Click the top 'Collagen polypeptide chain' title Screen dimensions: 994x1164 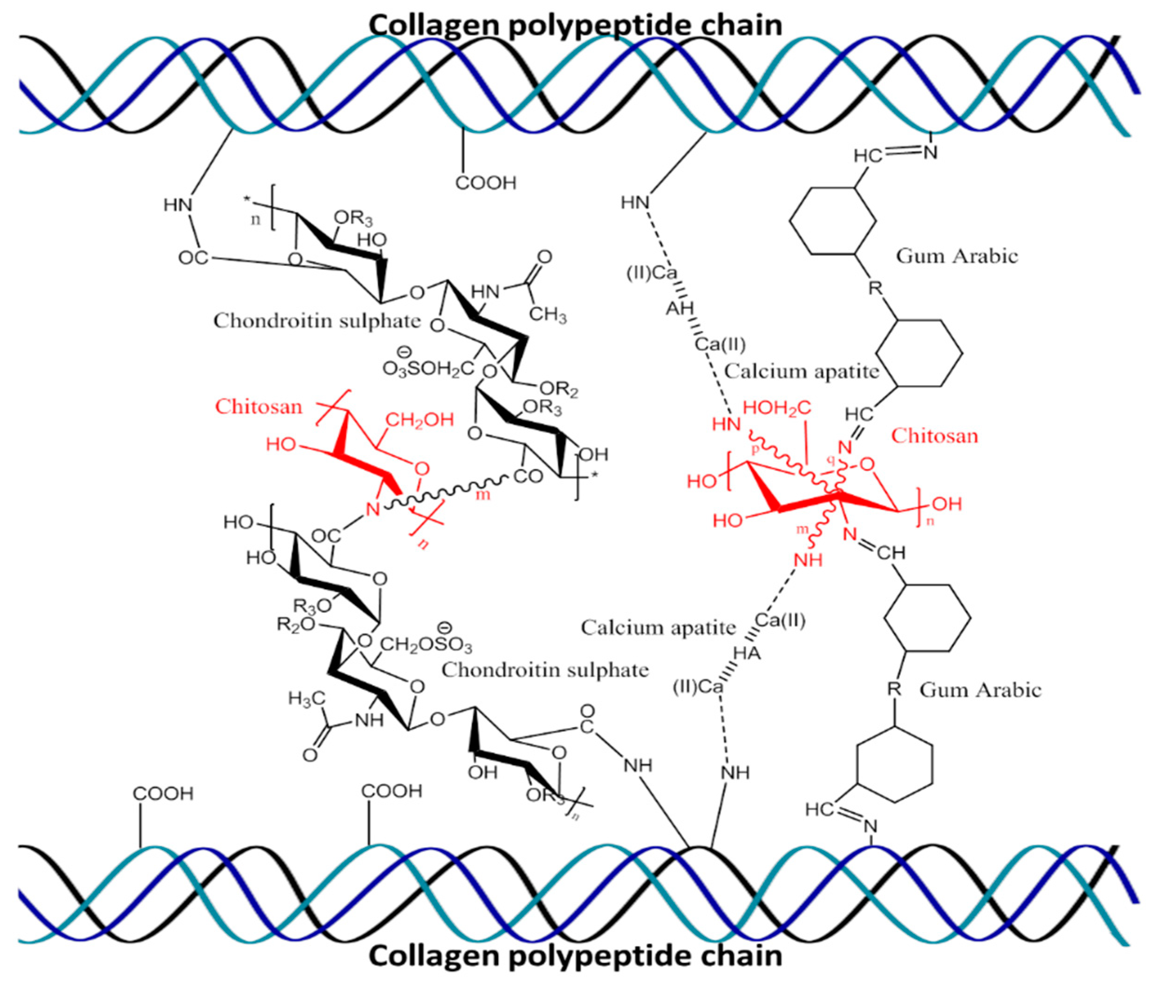coord(575,25)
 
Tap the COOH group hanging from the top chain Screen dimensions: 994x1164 coord(485,183)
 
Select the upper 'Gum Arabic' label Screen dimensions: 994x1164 coord(956,256)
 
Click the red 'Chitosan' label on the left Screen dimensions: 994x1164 coord(259,406)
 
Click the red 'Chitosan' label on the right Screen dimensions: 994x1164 coord(934,436)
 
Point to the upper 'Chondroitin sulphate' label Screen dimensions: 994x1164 coord(317,321)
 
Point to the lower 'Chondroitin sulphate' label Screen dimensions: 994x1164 coord(545,670)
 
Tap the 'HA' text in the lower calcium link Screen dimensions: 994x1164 coord(747,653)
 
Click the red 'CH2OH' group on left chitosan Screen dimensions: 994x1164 coord(419,420)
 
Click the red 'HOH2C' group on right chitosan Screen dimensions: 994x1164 coord(777,408)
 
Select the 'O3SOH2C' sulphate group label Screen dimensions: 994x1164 coord(428,369)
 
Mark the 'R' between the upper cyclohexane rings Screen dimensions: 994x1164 coord(875,289)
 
